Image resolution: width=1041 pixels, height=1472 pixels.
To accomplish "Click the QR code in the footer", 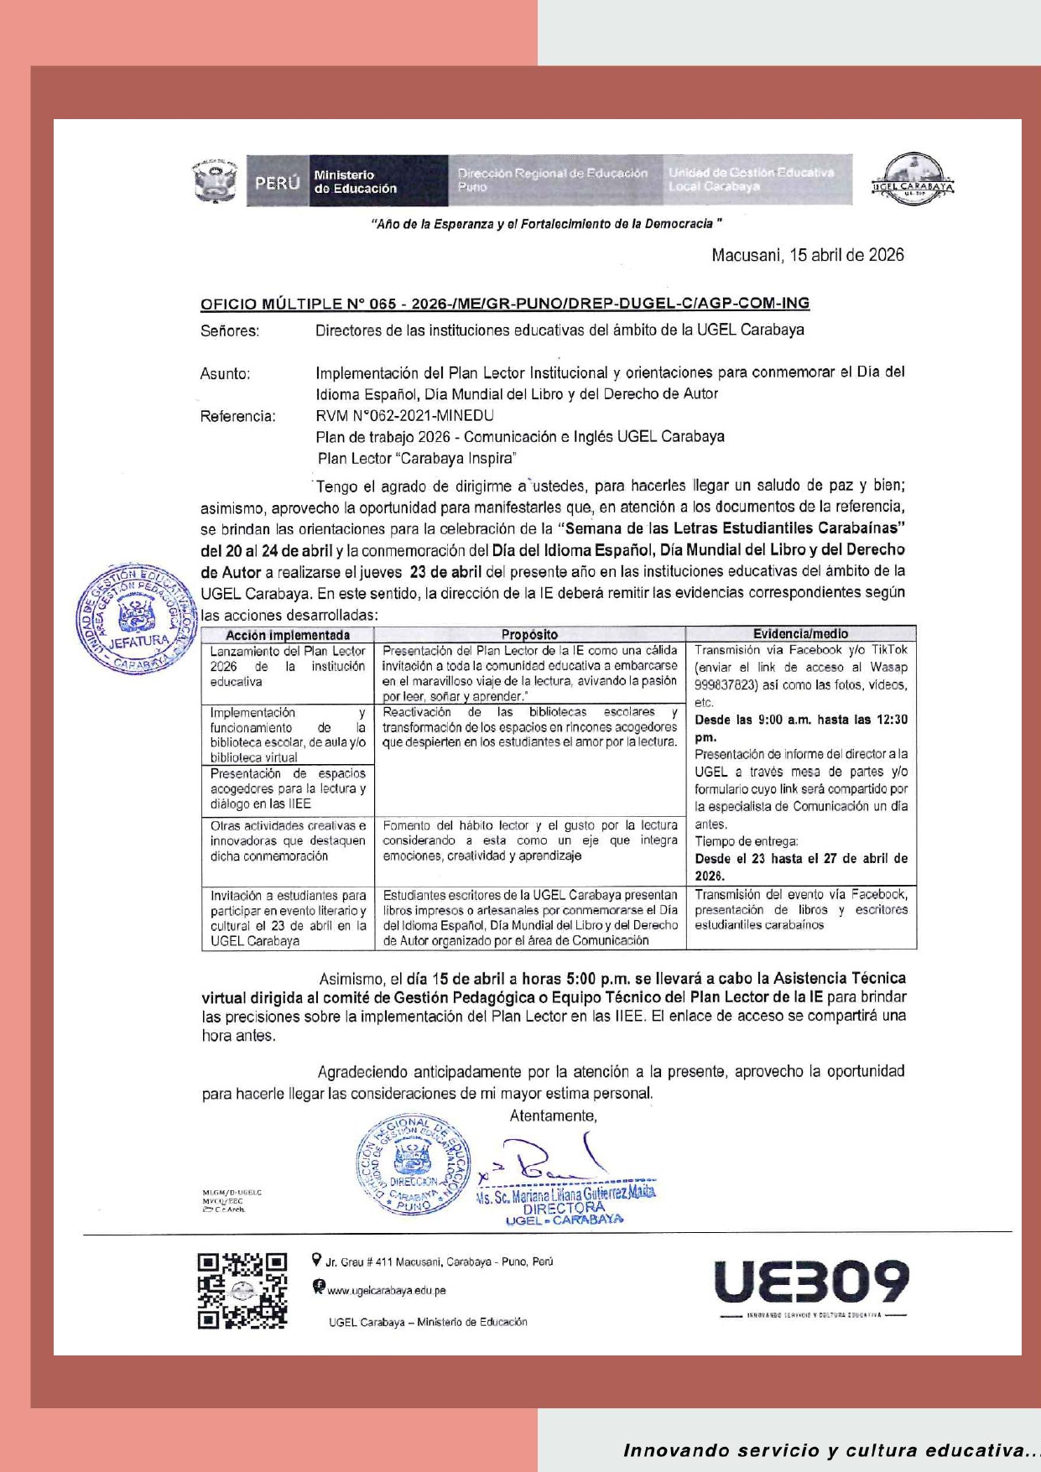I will coord(242,1291).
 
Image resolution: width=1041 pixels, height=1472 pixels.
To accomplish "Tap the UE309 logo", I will coord(811,1282).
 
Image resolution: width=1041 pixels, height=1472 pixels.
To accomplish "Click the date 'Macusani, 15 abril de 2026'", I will coord(807,255).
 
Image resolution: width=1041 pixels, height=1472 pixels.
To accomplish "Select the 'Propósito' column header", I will coord(529,635).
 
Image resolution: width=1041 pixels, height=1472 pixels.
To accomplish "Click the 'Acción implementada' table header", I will coord(287,635).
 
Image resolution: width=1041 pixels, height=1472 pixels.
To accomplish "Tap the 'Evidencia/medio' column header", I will coord(800,634).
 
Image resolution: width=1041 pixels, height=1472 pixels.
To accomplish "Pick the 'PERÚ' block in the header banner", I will coord(278,181).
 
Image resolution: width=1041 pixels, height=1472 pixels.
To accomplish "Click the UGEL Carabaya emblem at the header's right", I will coord(913,179).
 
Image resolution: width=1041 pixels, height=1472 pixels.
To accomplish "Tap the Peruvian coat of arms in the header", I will coord(216,181).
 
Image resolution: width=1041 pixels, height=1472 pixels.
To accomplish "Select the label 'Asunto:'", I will coord(225,373).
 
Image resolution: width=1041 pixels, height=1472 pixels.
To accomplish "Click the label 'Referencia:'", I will coord(237,416).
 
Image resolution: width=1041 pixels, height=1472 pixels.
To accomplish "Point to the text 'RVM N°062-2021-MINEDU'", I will coord(404,415).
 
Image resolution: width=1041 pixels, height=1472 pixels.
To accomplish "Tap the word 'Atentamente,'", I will coord(553,1116).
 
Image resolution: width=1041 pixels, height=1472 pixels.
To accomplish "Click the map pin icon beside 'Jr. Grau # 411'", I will coord(316,1259).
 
